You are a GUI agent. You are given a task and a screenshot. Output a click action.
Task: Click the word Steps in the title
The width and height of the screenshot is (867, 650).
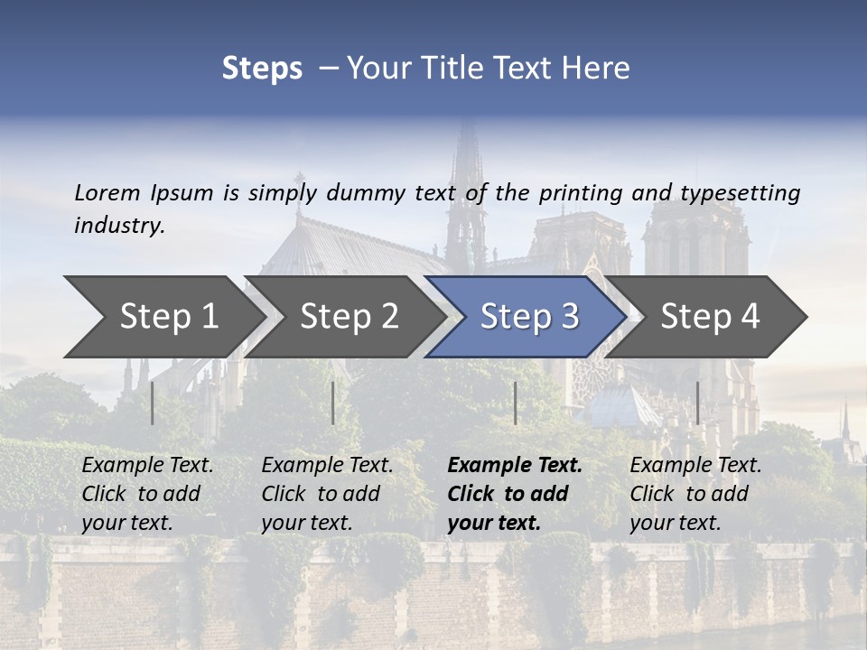pyautogui.click(x=262, y=69)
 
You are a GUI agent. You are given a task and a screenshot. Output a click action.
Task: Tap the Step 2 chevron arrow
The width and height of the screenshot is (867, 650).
pyautogui.click(x=349, y=316)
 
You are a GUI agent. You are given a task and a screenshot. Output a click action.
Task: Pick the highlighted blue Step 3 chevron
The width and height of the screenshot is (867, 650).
pyautogui.click(x=529, y=316)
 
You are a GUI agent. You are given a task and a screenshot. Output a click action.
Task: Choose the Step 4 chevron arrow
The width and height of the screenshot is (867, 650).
pyautogui.click(x=710, y=316)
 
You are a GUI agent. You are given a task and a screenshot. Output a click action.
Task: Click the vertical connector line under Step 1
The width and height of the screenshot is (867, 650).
pyautogui.click(x=153, y=403)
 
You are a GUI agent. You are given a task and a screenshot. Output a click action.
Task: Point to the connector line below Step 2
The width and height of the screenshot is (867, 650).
pyautogui.click(x=333, y=403)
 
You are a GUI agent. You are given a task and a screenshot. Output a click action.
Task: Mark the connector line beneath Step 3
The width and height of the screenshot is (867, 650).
pyautogui.click(x=515, y=403)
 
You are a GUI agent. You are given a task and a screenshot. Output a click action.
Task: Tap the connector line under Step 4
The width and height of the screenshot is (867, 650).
pyautogui.click(x=697, y=403)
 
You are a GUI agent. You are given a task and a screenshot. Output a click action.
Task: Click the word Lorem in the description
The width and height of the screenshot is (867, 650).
pyautogui.click(x=107, y=192)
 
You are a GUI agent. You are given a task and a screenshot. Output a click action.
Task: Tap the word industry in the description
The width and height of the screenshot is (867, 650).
pyautogui.click(x=119, y=225)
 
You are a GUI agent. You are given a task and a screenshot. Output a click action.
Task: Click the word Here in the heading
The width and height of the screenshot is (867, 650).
pyautogui.click(x=599, y=69)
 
